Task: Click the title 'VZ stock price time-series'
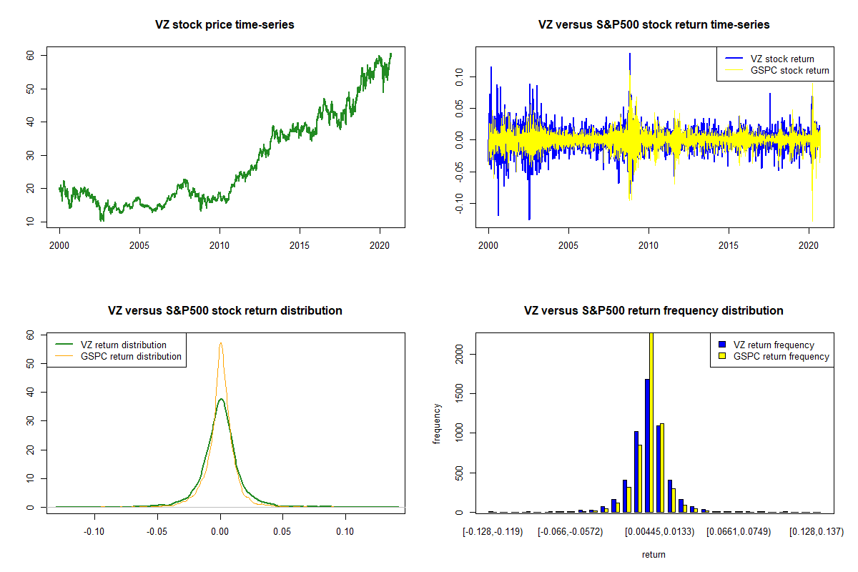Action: point(225,25)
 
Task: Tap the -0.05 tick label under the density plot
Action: point(157,532)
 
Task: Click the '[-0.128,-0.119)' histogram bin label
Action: point(492,532)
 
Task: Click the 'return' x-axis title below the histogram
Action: point(654,554)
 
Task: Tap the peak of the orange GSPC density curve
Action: point(221,343)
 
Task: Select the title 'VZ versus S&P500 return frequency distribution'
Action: point(654,311)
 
